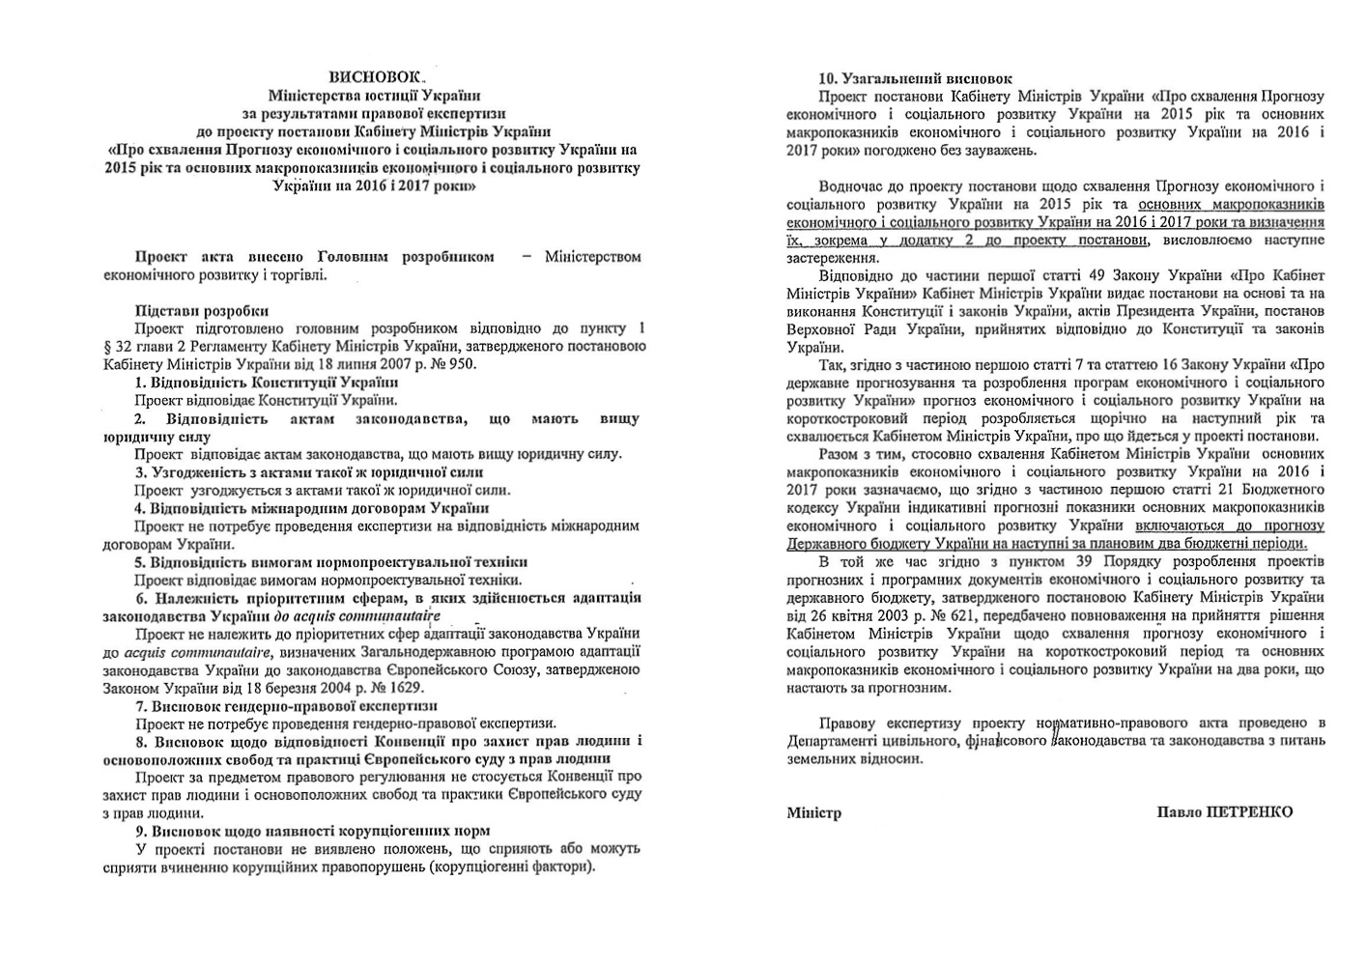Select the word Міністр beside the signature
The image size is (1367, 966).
pos(813,812)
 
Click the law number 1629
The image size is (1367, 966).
pos(404,687)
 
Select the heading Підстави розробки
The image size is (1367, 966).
pos(201,310)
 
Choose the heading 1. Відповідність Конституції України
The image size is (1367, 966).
pos(260,383)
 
